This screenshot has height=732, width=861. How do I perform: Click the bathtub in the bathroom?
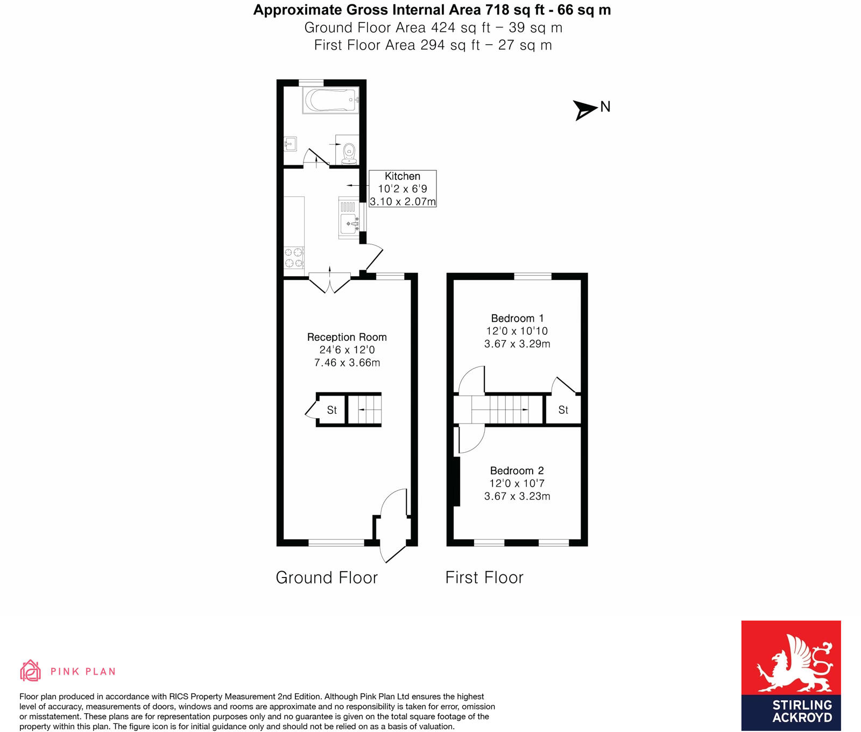pyautogui.click(x=330, y=101)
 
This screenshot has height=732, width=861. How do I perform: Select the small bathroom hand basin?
pyautogui.click(x=290, y=144)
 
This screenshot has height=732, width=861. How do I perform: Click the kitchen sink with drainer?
pyautogui.click(x=349, y=217)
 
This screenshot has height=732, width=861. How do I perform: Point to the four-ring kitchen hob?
pyautogui.click(x=294, y=257)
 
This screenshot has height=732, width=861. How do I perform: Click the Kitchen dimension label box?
pyautogui.click(x=403, y=189)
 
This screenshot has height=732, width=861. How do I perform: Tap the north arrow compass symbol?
pyautogui.click(x=585, y=109)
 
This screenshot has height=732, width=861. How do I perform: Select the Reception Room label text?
pyautogui.click(x=347, y=337)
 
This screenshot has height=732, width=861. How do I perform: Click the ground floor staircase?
pyautogui.click(x=365, y=410)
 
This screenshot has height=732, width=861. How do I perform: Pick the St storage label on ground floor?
pyautogui.click(x=331, y=410)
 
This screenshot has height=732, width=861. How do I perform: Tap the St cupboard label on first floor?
pyautogui.click(x=563, y=410)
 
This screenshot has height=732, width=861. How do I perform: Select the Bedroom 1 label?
pyautogui.click(x=517, y=318)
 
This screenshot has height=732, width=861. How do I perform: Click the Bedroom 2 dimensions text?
pyautogui.click(x=517, y=490)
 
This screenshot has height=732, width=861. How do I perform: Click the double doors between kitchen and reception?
pyautogui.click(x=329, y=283)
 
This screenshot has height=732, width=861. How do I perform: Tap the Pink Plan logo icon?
pyautogui.click(x=31, y=671)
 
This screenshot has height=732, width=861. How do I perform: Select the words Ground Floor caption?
pyautogui.click(x=327, y=578)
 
